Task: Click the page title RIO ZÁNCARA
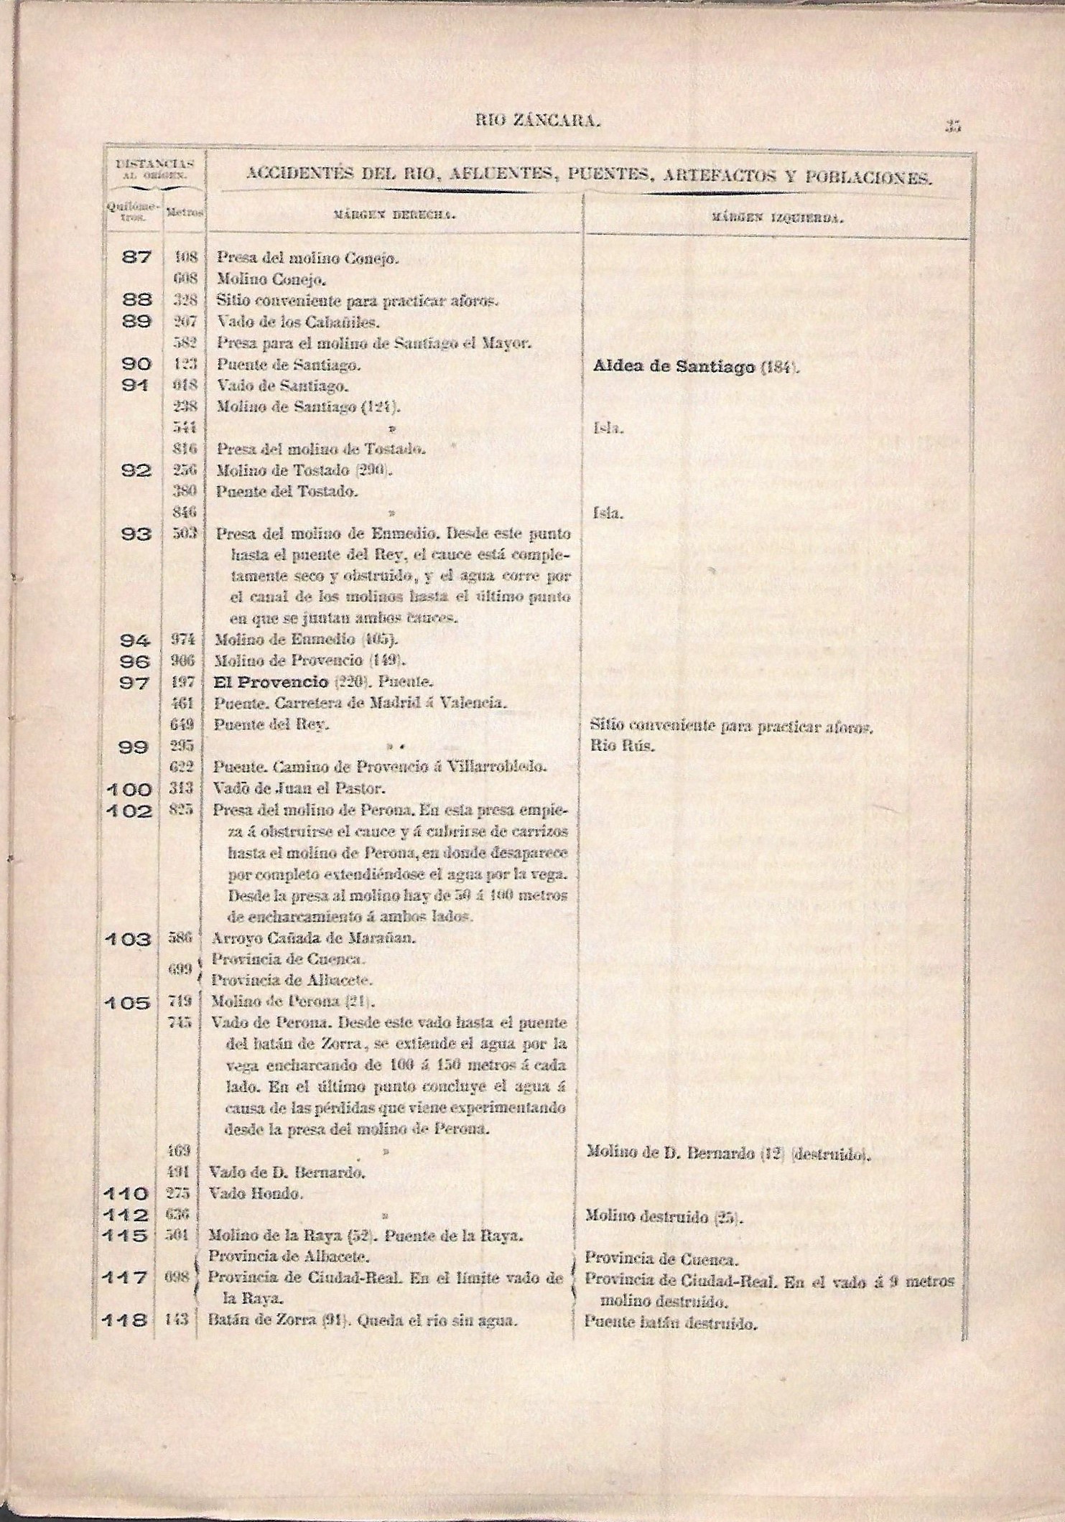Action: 537,122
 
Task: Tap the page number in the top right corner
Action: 953,126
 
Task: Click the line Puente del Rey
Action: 272,725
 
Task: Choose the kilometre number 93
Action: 136,535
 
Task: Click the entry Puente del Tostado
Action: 282,492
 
